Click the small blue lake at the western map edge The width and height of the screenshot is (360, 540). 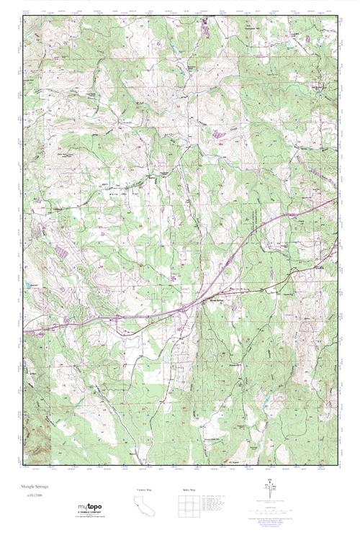(30, 287)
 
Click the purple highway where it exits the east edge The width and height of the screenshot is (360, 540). (336, 201)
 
